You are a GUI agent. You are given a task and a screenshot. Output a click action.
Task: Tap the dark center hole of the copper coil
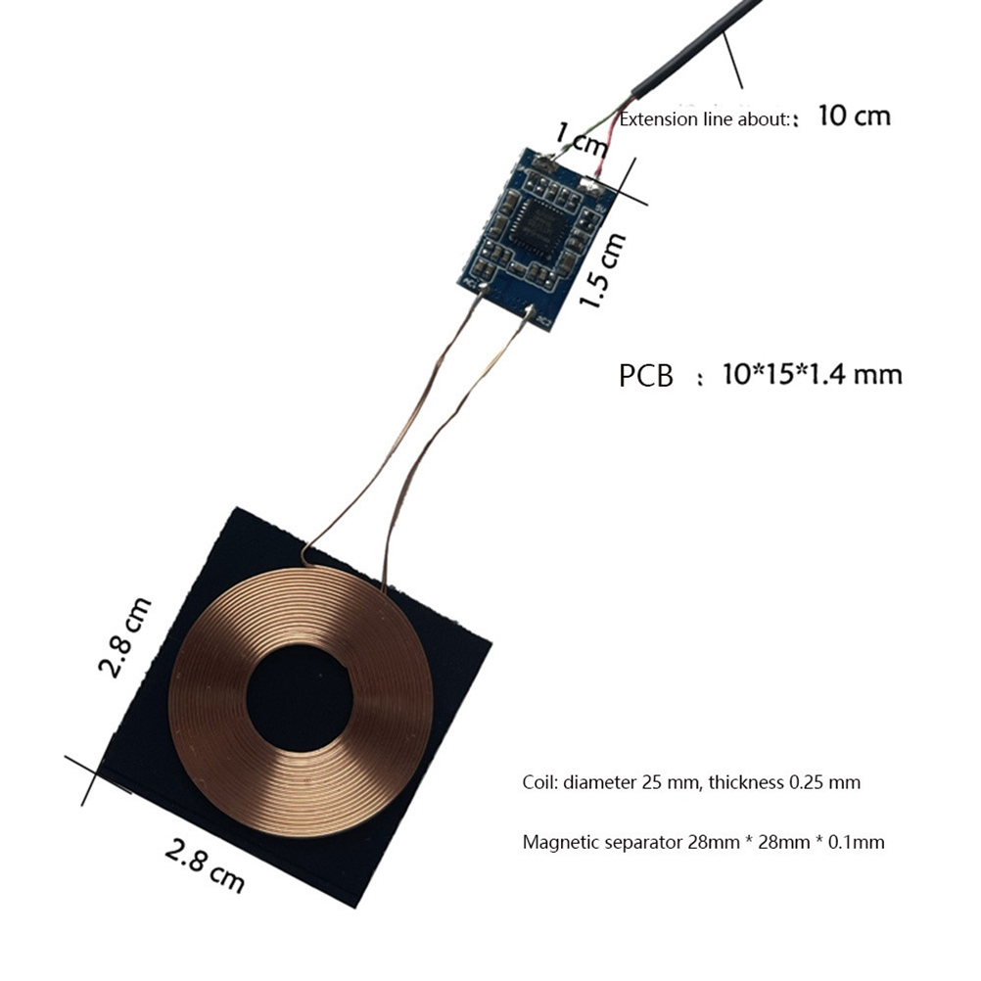[x=301, y=698]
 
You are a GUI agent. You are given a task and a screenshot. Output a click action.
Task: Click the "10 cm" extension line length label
[x=854, y=117]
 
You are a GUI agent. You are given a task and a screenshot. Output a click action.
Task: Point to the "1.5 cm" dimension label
[x=602, y=270]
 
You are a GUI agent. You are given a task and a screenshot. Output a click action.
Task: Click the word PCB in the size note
[x=645, y=376]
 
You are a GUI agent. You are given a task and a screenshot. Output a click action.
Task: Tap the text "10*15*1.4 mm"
[x=812, y=375]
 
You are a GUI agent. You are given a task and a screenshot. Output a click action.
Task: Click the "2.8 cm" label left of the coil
[x=125, y=637]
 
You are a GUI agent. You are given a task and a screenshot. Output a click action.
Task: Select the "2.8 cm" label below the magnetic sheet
[x=205, y=866]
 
